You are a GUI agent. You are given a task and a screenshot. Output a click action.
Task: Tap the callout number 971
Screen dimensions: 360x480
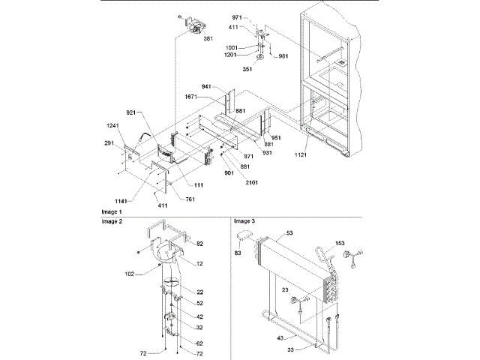coord(237,16)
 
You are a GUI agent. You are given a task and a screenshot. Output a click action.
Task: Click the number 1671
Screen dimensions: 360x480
coord(193,97)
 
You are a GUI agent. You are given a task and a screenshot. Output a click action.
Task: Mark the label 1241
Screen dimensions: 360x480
coord(112,125)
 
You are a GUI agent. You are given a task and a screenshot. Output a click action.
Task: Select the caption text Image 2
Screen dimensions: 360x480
coord(112,223)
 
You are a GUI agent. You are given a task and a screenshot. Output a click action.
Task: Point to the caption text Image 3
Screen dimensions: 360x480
coord(244,222)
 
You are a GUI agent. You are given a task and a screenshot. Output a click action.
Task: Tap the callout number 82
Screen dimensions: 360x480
coord(200,244)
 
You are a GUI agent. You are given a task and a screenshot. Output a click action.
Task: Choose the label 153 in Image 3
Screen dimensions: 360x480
coord(340,243)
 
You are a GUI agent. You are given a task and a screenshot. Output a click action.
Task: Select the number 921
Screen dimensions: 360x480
coord(132,112)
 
